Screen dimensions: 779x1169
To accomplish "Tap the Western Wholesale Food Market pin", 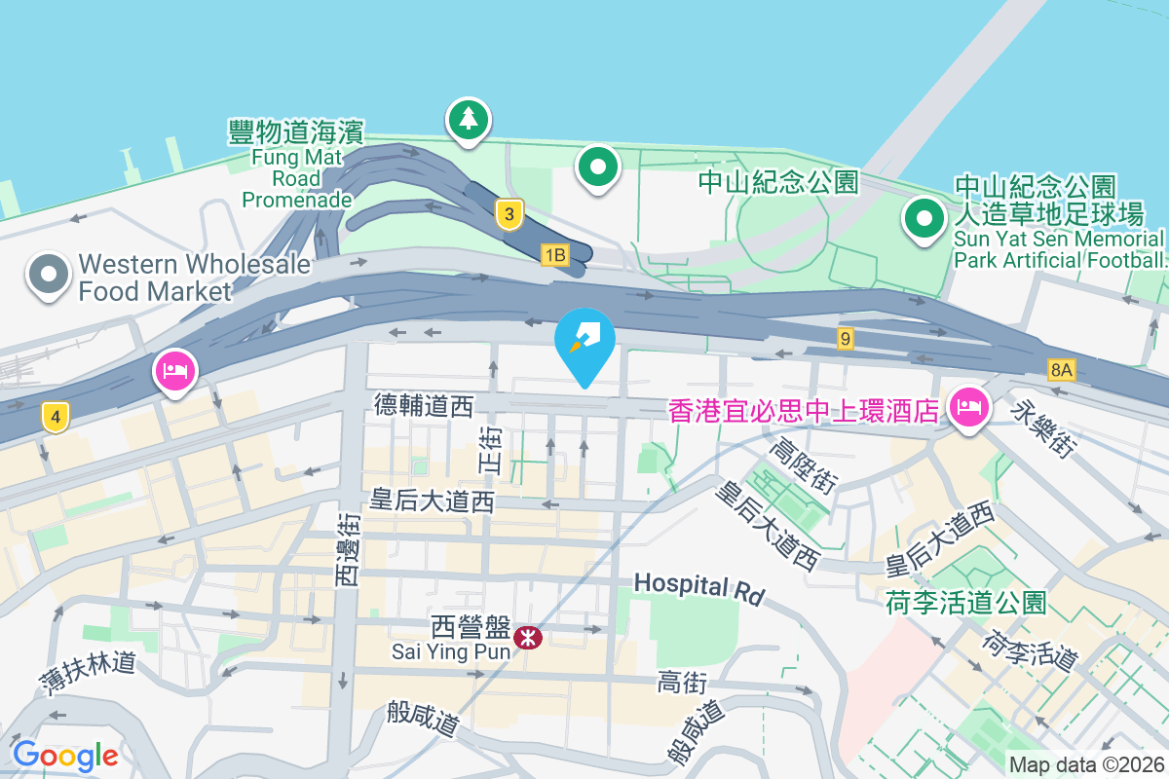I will click(x=48, y=275).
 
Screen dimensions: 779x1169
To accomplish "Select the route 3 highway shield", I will click(x=508, y=214).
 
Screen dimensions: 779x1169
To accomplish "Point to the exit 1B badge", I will click(x=554, y=255).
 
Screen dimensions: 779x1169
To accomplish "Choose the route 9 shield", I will click(x=845, y=339).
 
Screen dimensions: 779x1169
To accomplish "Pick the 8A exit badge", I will click(x=1062, y=369).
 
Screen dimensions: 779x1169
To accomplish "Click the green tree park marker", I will click(x=469, y=120).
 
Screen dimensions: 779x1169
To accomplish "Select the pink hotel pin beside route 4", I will click(x=174, y=372).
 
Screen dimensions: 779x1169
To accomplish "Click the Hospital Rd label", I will click(x=699, y=586).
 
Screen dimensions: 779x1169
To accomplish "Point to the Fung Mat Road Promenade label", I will click(x=296, y=164).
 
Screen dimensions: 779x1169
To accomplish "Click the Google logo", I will click(x=65, y=755).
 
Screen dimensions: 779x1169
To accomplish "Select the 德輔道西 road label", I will click(x=423, y=406).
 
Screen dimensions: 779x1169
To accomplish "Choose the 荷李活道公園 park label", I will click(x=965, y=603).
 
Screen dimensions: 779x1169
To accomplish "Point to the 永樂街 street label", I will click(x=1046, y=429).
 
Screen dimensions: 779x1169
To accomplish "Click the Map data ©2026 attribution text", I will click(x=1086, y=764).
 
